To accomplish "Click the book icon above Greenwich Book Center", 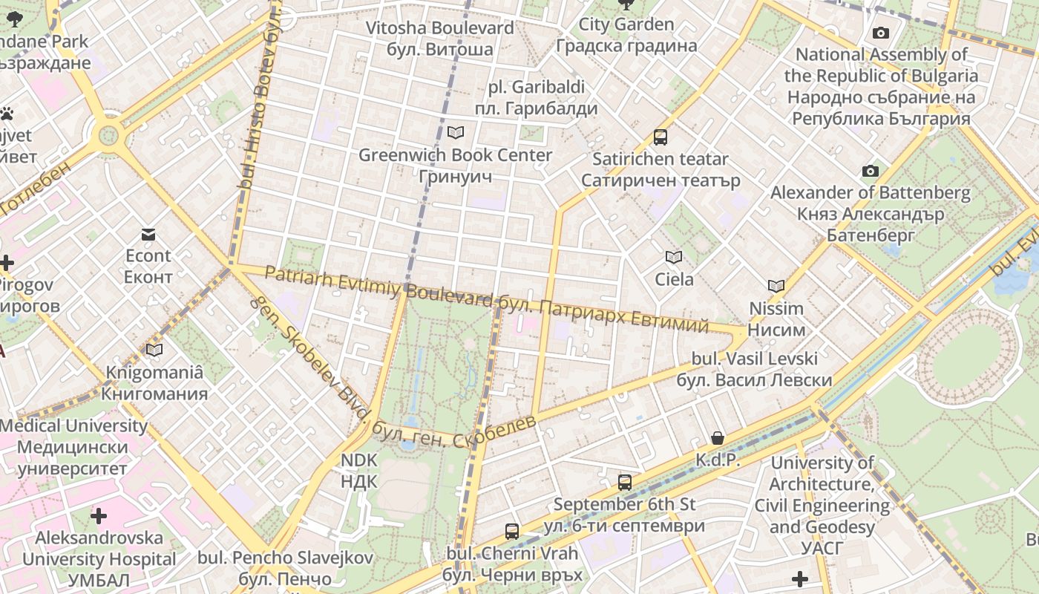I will click(456, 132).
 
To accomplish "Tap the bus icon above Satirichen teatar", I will click(661, 137).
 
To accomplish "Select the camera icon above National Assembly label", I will click(881, 33).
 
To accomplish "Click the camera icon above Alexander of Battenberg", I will click(871, 172).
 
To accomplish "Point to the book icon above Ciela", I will click(674, 258).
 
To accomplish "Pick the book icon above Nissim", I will click(776, 286).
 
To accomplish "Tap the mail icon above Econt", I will click(148, 235).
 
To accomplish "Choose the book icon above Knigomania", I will click(154, 350).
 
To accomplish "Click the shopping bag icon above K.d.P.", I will click(718, 438).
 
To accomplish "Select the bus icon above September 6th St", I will click(625, 483).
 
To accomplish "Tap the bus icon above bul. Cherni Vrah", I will click(512, 532).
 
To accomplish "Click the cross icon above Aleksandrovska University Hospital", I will click(99, 515).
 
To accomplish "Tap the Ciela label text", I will click(674, 280).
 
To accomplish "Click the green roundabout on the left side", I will click(108, 135).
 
